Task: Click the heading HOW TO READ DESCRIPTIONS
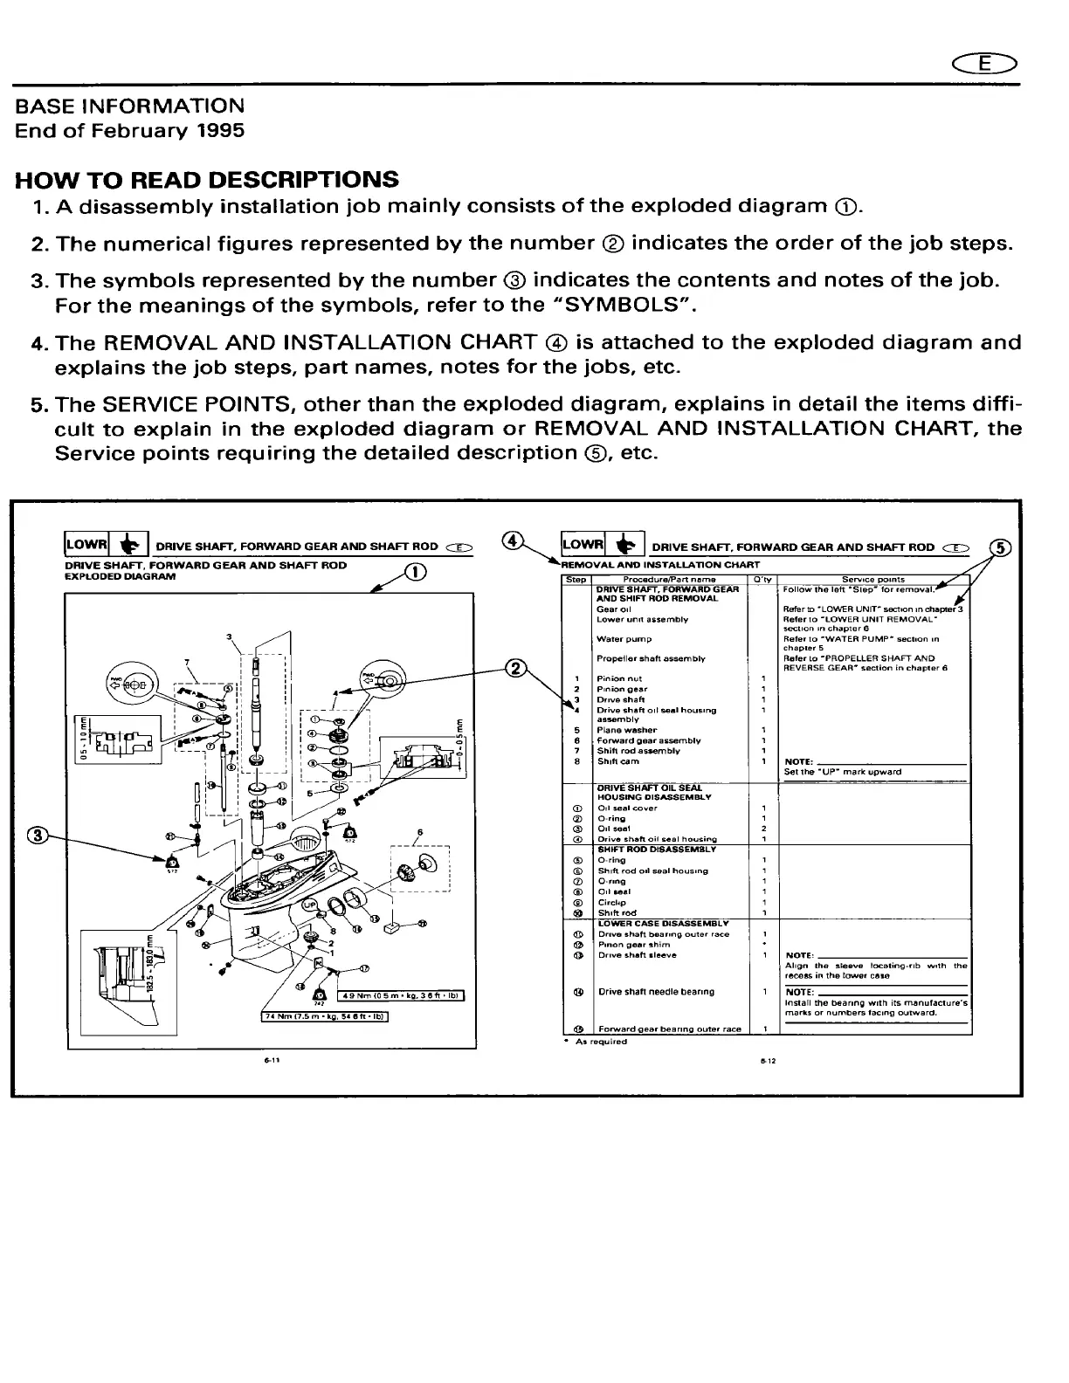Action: click(x=207, y=180)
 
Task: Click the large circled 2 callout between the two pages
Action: click(x=518, y=670)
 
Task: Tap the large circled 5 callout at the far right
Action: click(x=1001, y=547)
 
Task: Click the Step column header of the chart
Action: click(x=577, y=579)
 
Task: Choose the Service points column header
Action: click(x=872, y=579)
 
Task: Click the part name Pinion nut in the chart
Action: click(x=619, y=678)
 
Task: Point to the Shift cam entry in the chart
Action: click(x=617, y=761)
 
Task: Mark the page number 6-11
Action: click(x=272, y=1061)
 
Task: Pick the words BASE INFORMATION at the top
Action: click(x=130, y=107)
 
